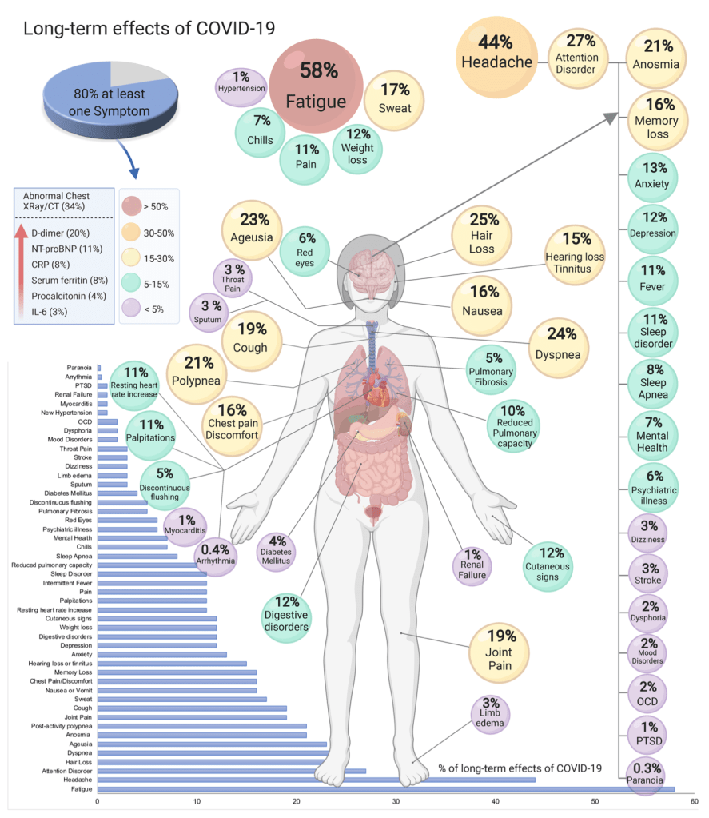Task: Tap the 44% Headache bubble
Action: pos(495,50)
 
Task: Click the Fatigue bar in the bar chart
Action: pos(384,789)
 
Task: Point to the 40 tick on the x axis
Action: pos(495,801)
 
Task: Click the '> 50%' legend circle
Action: pos(132,206)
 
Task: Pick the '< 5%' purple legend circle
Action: pos(132,306)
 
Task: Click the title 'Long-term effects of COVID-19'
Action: pos(149,29)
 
